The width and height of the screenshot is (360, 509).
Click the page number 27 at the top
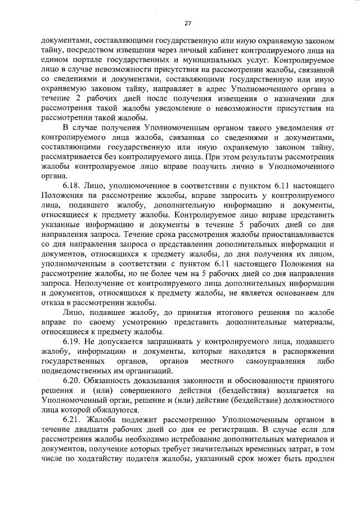click(x=188, y=23)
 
